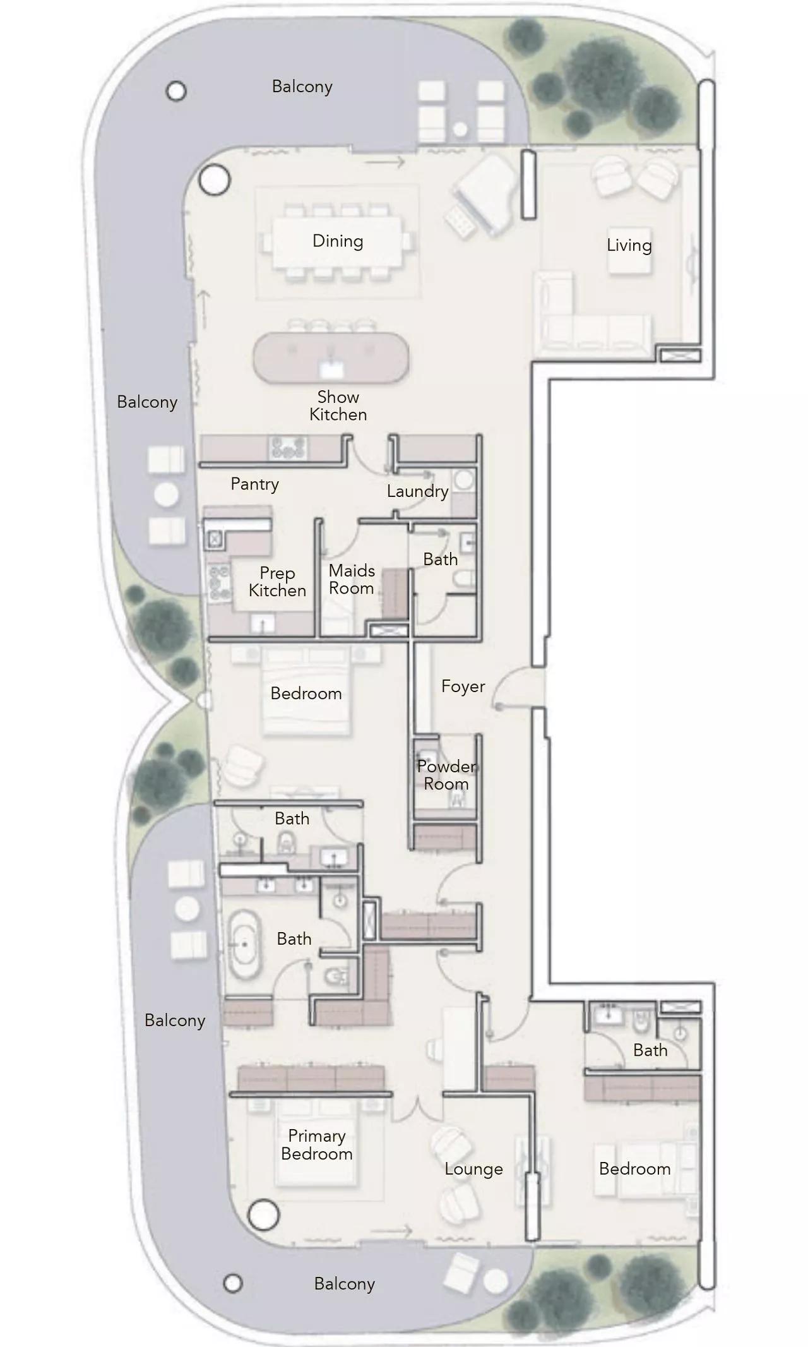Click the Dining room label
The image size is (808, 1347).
(x=338, y=241)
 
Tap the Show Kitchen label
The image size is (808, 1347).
(x=338, y=405)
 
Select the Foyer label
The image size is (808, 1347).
(x=463, y=686)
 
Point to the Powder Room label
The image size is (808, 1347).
(x=446, y=775)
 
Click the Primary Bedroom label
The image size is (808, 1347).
(x=316, y=1144)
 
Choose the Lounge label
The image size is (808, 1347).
(x=473, y=1168)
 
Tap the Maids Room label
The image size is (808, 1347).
(x=352, y=579)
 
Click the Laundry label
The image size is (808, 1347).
(x=417, y=491)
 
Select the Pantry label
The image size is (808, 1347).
(x=254, y=484)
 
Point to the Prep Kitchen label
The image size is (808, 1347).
(x=277, y=581)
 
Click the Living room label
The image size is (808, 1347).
(x=629, y=245)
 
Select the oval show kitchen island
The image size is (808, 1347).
(x=331, y=358)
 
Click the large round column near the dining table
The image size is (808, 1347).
(x=214, y=180)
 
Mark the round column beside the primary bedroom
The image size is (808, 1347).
(x=263, y=1214)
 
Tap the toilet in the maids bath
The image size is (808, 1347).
(x=465, y=578)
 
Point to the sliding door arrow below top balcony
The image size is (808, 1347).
(x=385, y=162)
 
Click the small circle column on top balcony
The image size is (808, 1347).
(x=176, y=92)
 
